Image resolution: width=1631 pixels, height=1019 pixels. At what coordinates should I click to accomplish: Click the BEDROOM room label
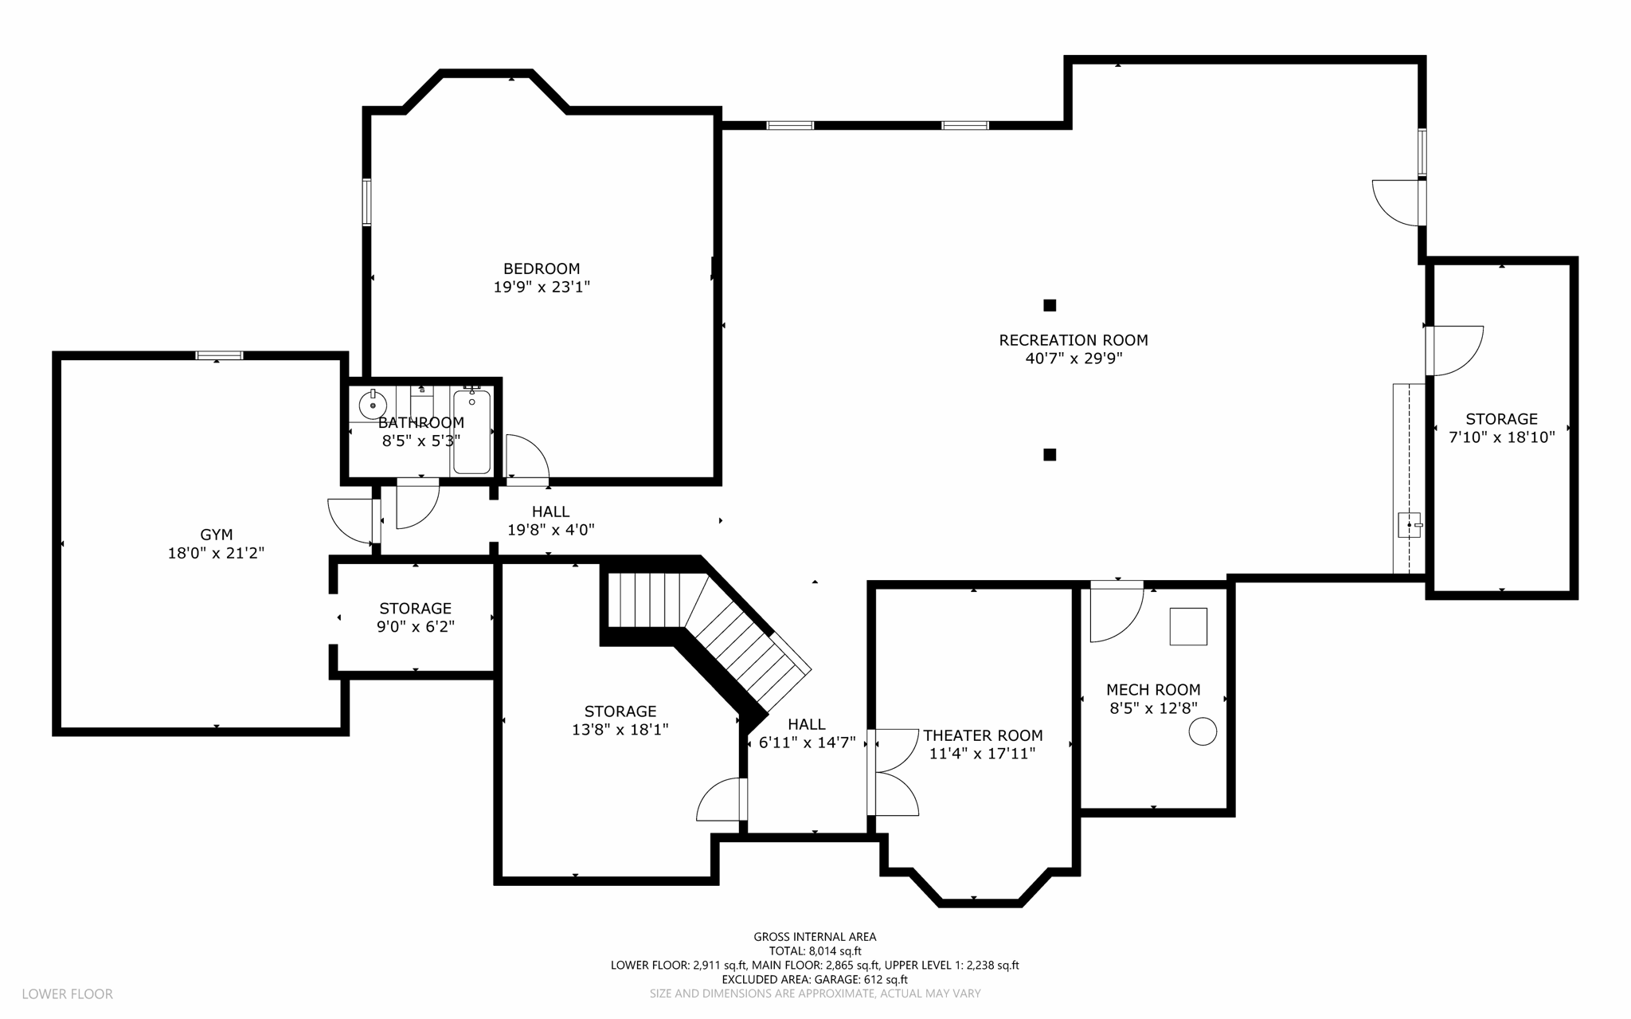pos(542,268)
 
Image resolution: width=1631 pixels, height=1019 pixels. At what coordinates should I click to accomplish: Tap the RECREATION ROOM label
pos(1074,340)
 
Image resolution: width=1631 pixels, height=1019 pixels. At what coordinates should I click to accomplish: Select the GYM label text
pos(217,535)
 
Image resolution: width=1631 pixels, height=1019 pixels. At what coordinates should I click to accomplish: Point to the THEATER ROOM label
pos(983,735)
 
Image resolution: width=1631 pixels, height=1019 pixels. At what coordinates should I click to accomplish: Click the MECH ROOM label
pos(1153,690)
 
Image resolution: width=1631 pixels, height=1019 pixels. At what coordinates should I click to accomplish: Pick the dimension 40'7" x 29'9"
pos(1074,359)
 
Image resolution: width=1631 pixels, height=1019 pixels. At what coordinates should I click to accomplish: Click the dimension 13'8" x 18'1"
pos(620,729)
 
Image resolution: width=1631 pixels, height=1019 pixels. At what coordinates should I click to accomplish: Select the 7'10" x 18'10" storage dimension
pos(1502,437)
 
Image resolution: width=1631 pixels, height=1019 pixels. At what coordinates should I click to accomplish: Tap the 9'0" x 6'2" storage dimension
pos(416,626)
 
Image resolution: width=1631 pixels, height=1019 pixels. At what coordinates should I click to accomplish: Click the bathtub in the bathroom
pos(471,431)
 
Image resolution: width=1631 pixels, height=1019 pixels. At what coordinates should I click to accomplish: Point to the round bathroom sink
pos(373,406)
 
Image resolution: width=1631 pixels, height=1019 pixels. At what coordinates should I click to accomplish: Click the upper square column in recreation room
pos(1050,305)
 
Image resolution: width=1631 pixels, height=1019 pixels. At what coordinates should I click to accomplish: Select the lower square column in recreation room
pos(1050,455)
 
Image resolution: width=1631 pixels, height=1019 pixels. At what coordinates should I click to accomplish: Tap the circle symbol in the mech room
pos(1203,731)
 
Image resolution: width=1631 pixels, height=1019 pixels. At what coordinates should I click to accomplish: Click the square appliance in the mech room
pos(1188,626)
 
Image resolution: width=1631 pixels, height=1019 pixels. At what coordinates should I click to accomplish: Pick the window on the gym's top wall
pos(220,355)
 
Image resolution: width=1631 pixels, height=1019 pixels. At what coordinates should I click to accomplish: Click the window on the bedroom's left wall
pos(367,202)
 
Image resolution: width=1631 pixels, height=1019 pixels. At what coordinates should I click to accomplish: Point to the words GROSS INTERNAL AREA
pos(815,937)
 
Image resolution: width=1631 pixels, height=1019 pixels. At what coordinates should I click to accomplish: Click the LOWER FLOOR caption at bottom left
pos(68,994)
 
